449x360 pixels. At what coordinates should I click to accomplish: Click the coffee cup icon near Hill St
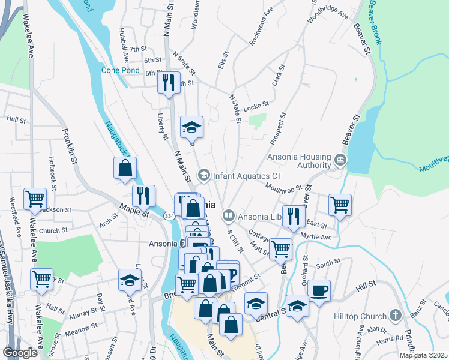319,290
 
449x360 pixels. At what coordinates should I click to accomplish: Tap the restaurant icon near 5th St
169,82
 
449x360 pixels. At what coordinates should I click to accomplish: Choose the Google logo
20,353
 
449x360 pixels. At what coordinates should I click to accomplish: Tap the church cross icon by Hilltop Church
395,314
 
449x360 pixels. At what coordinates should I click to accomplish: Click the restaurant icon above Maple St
144,196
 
